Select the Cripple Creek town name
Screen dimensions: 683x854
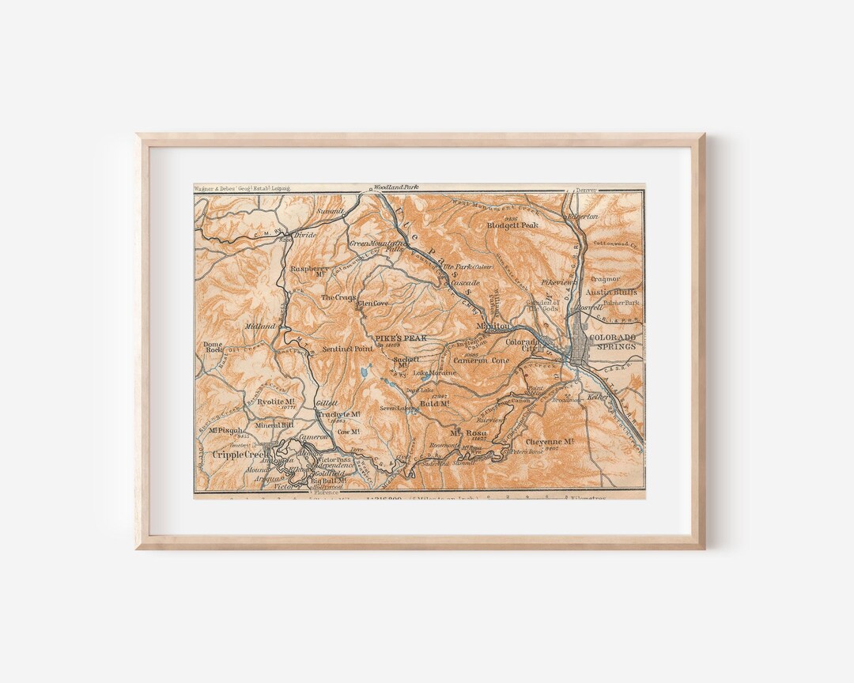coord(240,454)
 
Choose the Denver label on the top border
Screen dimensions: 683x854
coord(586,190)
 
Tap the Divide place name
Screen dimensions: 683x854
coord(304,235)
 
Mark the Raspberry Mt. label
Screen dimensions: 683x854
coord(309,269)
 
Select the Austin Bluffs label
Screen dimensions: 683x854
coord(616,291)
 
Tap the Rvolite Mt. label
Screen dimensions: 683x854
coord(264,401)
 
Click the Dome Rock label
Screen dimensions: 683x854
coord(213,349)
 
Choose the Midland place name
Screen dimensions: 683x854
coord(260,326)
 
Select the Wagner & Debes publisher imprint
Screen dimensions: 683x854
coord(242,189)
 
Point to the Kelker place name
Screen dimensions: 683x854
coord(595,398)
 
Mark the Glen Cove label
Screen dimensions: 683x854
coord(372,304)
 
